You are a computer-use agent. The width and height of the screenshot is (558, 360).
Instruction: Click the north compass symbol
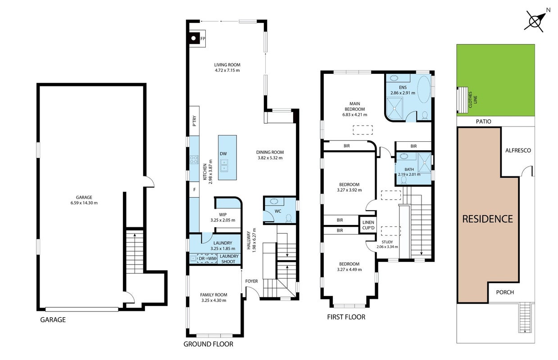pyautogui.click(x=535, y=22)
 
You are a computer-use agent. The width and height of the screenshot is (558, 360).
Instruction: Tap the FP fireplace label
pyautogui.click(x=203, y=39)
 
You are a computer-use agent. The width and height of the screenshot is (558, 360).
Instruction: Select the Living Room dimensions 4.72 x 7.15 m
pyautogui.click(x=227, y=71)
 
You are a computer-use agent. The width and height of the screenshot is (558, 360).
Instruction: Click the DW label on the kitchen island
pyautogui.click(x=223, y=154)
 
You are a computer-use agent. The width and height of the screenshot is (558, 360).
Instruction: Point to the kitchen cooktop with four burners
pyautogui.click(x=194, y=160)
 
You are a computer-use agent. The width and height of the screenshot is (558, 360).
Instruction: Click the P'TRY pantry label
pyautogui.click(x=195, y=121)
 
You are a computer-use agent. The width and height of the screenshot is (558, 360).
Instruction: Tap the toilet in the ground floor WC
pyautogui.click(x=289, y=218)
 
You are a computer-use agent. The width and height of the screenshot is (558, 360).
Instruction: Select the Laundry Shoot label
pyautogui.click(x=229, y=259)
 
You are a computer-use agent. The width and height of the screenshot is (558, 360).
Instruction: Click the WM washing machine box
pyautogui.click(x=212, y=259)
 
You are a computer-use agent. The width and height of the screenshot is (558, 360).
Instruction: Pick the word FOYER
pyautogui.click(x=251, y=281)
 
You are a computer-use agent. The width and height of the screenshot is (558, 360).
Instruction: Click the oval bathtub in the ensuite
pyautogui.click(x=424, y=90)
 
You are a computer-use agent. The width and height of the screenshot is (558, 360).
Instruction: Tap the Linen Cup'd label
pyautogui.click(x=368, y=225)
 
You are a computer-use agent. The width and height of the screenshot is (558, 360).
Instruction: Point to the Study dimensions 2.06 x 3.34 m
pyautogui.click(x=387, y=247)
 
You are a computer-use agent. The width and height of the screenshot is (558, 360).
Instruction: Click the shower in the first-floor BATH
pyautogui.click(x=425, y=163)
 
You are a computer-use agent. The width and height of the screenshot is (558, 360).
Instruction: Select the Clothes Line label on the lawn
pyautogui.click(x=472, y=99)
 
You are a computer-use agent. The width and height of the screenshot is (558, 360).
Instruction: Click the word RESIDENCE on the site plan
pyautogui.click(x=487, y=219)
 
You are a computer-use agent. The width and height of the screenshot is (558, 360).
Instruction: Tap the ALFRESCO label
pyautogui.click(x=518, y=150)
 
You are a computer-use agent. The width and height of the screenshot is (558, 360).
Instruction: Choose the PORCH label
pyautogui.click(x=505, y=292)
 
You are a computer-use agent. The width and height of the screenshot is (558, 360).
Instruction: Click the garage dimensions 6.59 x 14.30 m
pyautogui.click(x=84, y=203)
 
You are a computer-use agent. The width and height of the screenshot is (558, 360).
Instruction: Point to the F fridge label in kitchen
pyautogui.click(x=194, y=190)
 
